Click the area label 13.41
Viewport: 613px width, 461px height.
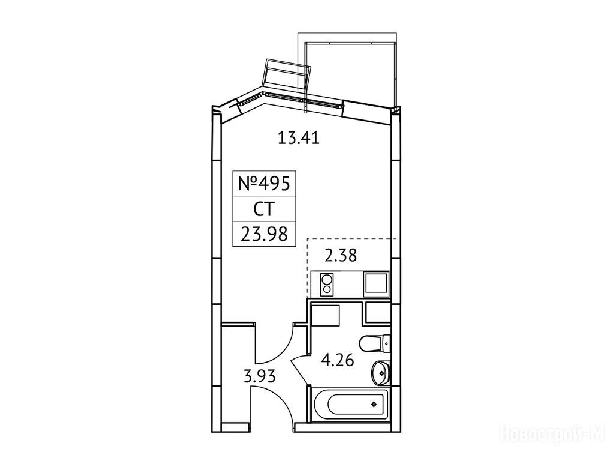[298, 138]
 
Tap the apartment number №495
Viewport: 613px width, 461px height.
[264, 183]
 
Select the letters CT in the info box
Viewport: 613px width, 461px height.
[264, 209]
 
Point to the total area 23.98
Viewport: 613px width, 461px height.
[264, 234]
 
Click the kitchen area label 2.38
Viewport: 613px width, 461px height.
[341, 256]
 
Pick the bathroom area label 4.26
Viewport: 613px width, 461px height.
[337, 360]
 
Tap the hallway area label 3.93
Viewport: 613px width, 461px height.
[260, 377]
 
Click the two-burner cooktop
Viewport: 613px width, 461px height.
[326, 284]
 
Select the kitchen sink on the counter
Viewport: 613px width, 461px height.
[377, 285]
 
